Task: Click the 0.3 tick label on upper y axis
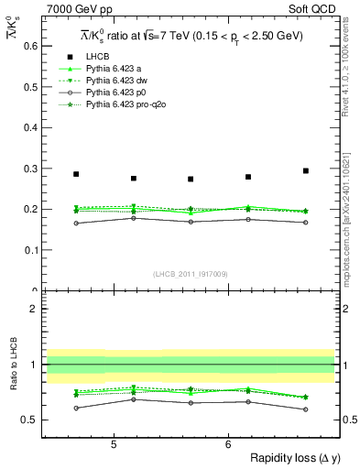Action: point(30,169)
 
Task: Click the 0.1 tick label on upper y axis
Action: point(30,250)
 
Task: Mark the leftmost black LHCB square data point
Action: point(76,174)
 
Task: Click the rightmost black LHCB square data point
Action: point(306,170)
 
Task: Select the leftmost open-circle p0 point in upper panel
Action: point(76,224)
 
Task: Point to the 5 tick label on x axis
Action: point(113,444)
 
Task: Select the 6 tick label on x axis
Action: point(228,444)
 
